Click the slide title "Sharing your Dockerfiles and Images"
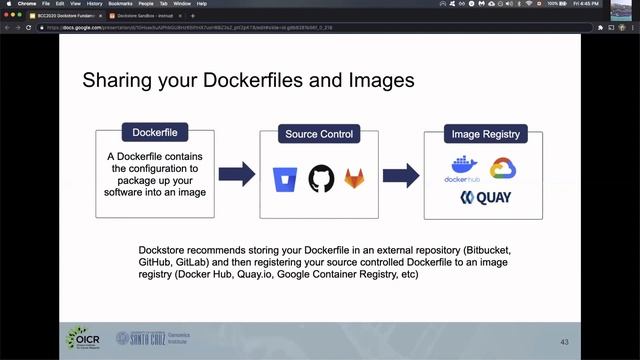coord(247,78)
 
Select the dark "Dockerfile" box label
coord(155,133)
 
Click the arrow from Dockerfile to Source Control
coord(236,174)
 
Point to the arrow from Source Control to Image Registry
coord(400,174)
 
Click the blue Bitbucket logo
coord(285,179)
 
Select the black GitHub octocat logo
coord(321,178)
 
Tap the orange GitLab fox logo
coord(355,179)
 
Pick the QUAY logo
coord(485,198)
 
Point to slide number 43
coord(564,342)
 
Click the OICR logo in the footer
coord(87,340)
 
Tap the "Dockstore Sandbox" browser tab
coord(138,17)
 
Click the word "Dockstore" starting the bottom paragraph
coord(163,246)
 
